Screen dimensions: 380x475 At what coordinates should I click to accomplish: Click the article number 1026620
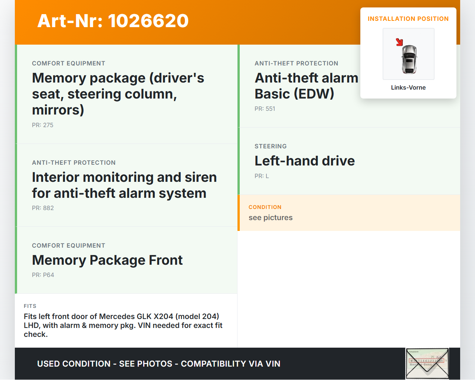[148, 21]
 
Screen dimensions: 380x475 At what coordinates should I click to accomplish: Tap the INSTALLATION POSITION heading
[408, 19]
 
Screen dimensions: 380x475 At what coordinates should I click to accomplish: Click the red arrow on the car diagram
[399, 42]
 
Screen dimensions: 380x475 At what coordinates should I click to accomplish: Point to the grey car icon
[409, 59]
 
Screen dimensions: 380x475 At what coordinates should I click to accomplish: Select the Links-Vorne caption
[408, 88]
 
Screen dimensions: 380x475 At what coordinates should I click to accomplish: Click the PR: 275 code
[43, 125]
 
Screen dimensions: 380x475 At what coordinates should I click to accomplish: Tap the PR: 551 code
[265, 109]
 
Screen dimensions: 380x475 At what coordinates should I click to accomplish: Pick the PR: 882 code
[43, 208]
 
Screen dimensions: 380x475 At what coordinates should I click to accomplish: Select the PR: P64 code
[43, 275]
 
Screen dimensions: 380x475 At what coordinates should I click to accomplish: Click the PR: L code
[262, 176]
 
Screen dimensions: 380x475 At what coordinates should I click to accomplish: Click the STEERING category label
[271, 146]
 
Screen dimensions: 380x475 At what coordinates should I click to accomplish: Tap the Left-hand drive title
[305, 161]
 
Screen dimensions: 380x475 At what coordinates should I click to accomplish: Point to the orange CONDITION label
[265, 207]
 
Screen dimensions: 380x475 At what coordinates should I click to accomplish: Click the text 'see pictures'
[271, 218]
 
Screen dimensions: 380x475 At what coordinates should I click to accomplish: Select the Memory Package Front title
[107, 260]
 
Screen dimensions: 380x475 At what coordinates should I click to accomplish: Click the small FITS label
[30, 306]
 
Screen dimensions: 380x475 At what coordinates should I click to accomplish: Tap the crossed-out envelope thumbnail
[427, 363]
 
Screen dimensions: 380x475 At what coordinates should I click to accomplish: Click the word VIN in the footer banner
[273, 364]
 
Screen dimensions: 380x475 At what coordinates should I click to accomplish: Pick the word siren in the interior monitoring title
[201, 177]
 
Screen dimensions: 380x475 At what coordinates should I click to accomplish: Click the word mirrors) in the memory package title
[58, 110]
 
